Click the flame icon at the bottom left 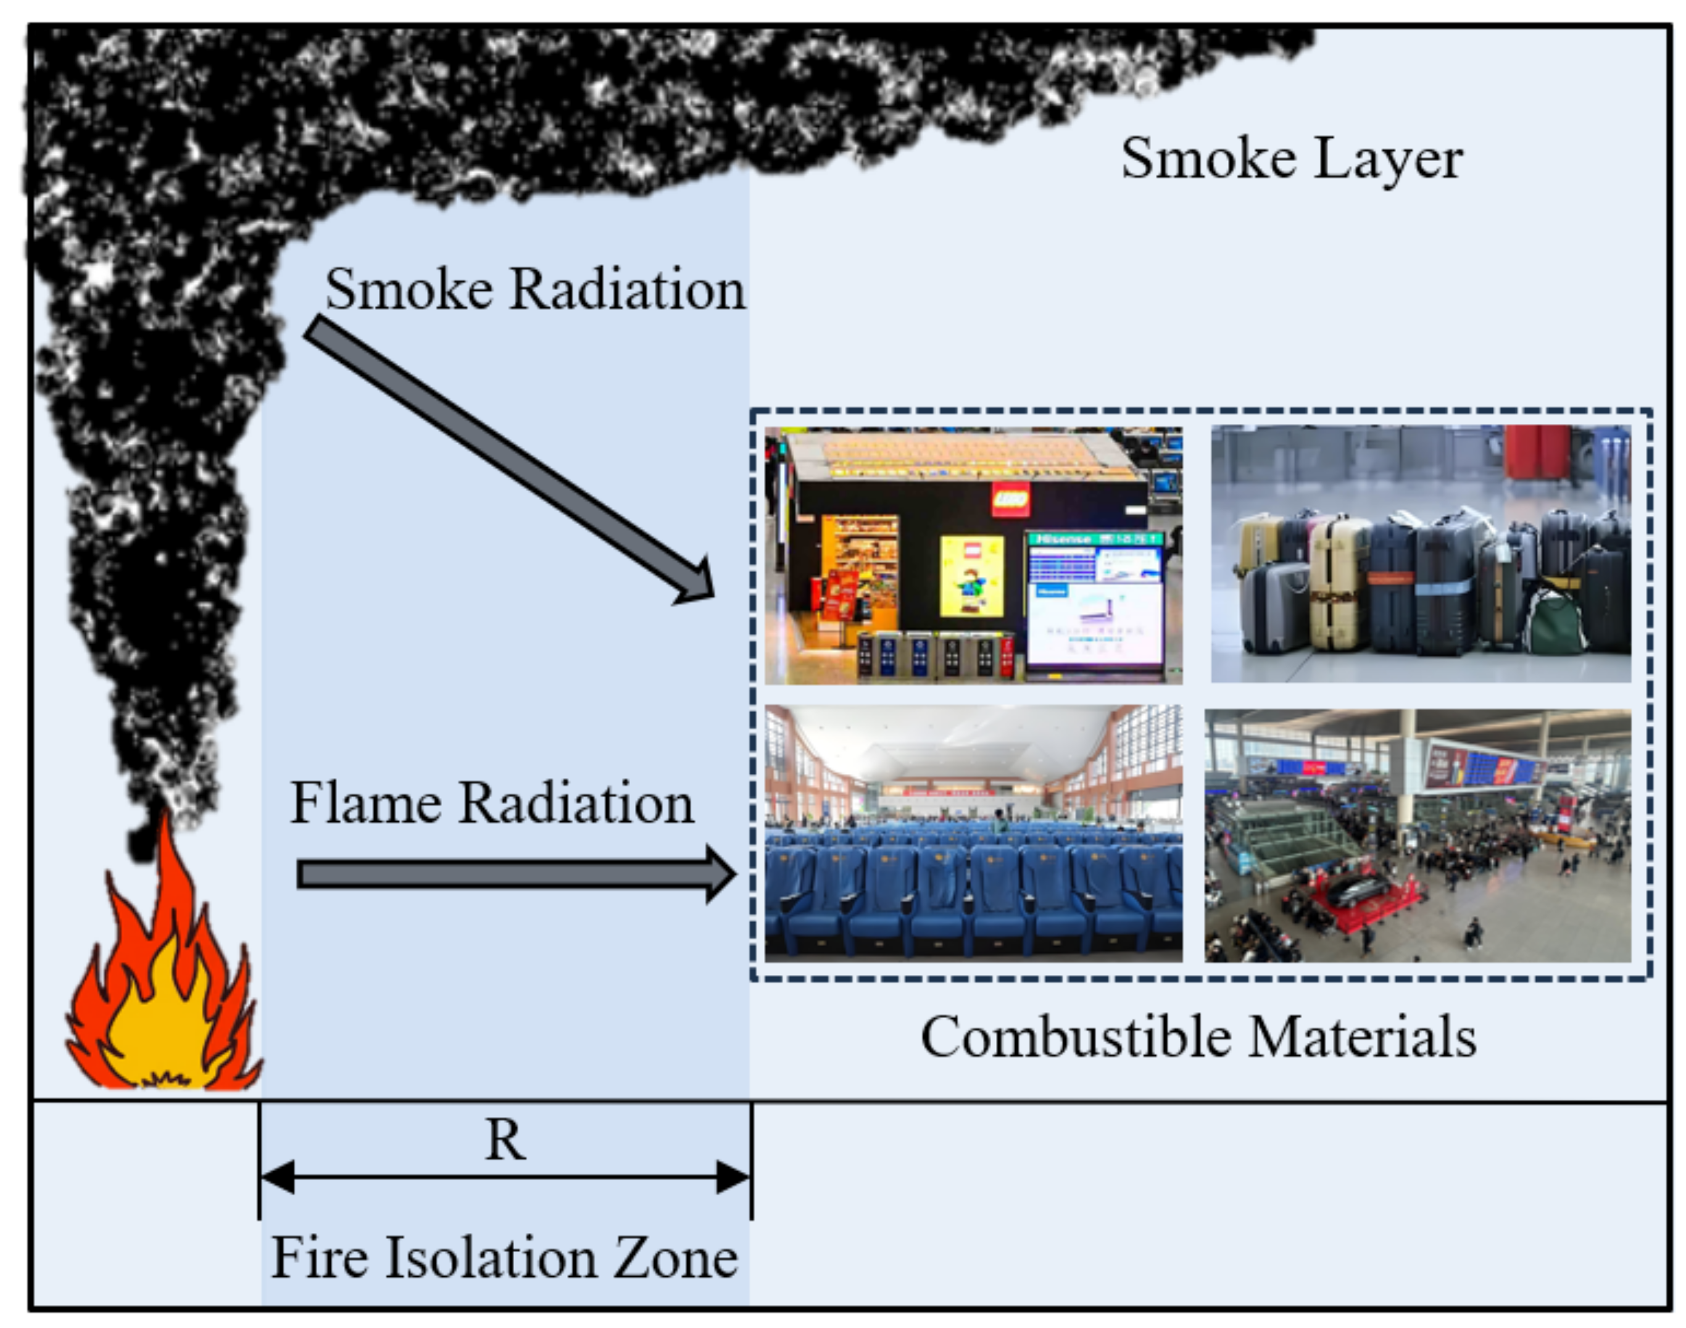pyautogui.click(x=164, y=987)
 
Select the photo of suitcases pyautogui.click(x=1421, y=554)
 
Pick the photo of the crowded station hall pyautogui.click(x=1417, y=836)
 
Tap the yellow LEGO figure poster pyautogui.click(x=971, y=575)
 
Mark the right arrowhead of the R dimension pyautogui.click(x=733, y=1177)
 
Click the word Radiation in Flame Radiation pyautogui.click(x=576, y=803)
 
